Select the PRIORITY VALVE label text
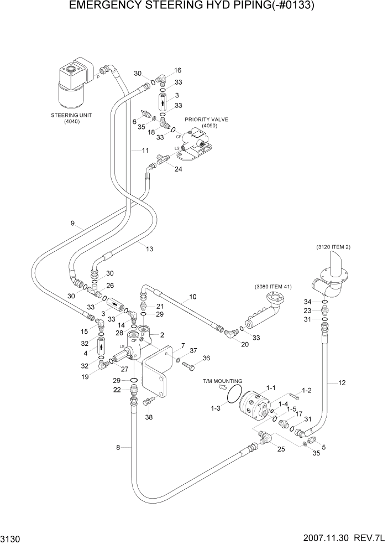pyautogui.click(x=206, y=119)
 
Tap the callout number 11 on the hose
pyautogui.click(x=145, y=151)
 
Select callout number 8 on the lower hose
pyautogui.click(x=118, y=447)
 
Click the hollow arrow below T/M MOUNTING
pyautogui.click(x=224, y=389)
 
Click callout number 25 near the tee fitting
pyautogui.click(x=281, y=449)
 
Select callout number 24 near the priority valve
pyautogui.click(x=178, y=169)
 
